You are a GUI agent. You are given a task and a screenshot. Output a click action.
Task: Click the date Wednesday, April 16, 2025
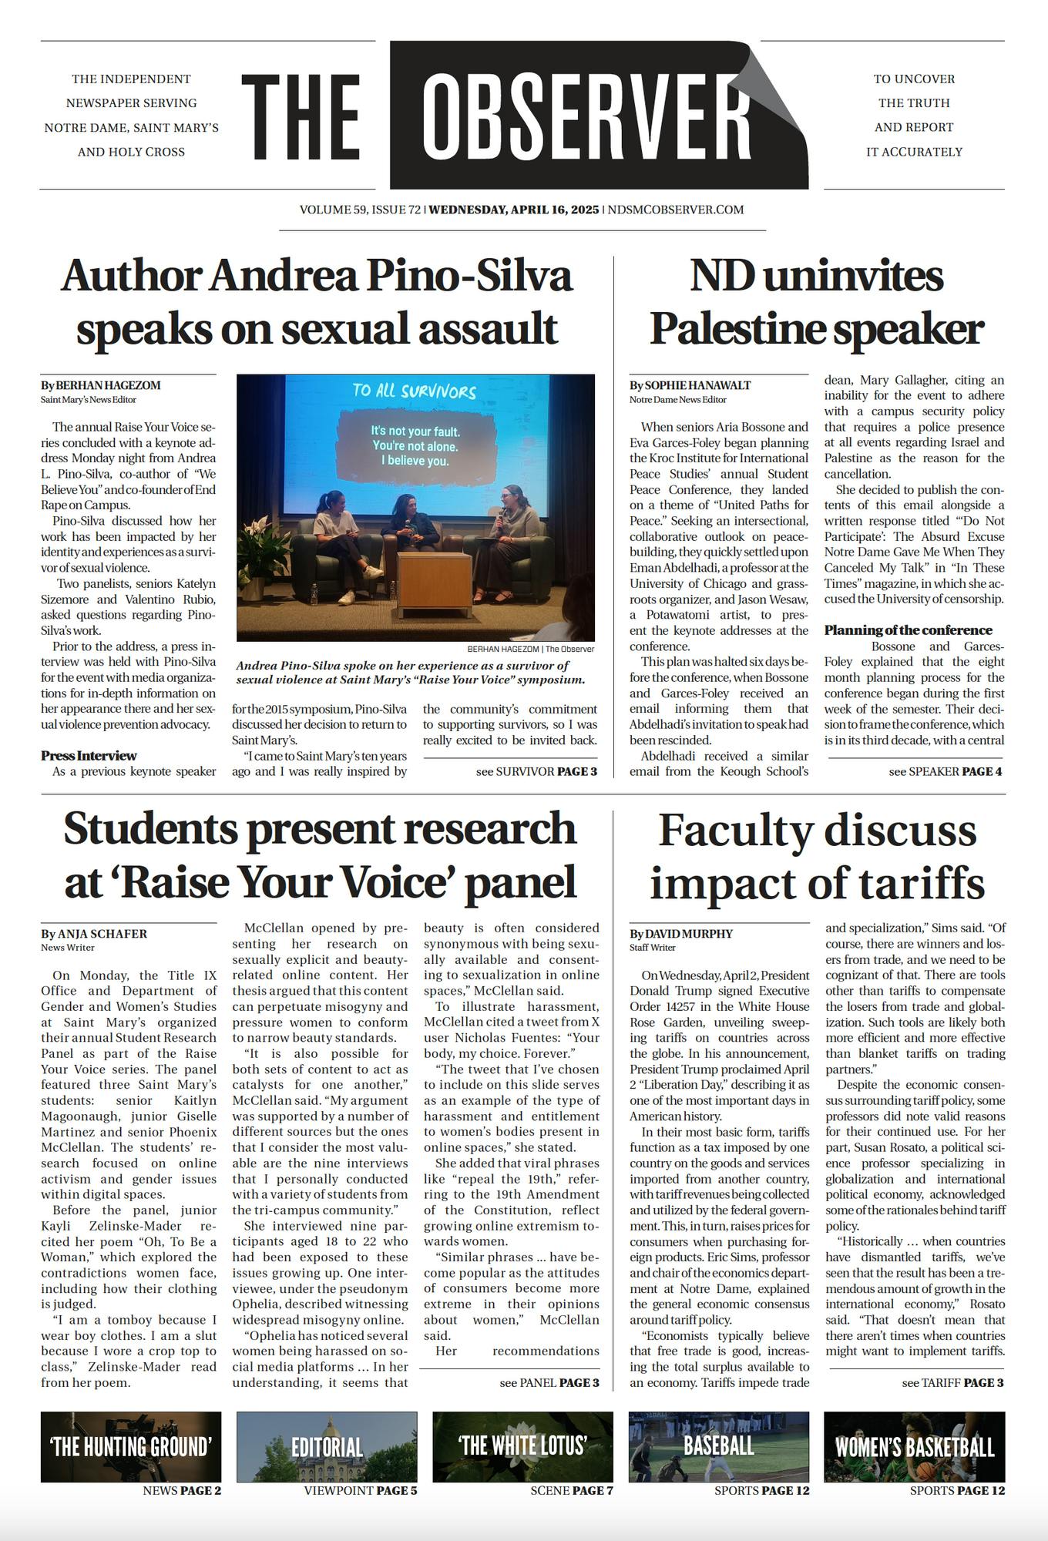(514, 210)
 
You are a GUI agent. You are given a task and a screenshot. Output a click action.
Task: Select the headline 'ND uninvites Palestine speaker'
(816, 302)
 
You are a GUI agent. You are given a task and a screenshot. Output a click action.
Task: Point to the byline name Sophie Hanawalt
(697, 385)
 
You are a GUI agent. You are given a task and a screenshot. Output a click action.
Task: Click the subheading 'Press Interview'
(89, 756)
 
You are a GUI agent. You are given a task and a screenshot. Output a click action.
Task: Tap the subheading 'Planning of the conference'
(908, 630)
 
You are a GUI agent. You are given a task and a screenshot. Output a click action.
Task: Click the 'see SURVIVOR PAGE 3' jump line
(536, 771)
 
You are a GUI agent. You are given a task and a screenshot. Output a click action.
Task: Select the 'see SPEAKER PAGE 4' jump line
(945, 771)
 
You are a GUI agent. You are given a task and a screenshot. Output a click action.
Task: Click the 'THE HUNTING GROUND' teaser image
(131, 1447)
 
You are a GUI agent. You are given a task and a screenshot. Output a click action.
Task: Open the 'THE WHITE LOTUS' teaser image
(522, 1447)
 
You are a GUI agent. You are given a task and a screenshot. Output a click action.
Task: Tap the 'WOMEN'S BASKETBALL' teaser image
(915, 1447)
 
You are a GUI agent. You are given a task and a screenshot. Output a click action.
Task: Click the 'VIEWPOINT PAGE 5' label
(361, 1490)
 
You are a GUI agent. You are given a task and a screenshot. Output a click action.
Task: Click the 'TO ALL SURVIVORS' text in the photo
(415, 391)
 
